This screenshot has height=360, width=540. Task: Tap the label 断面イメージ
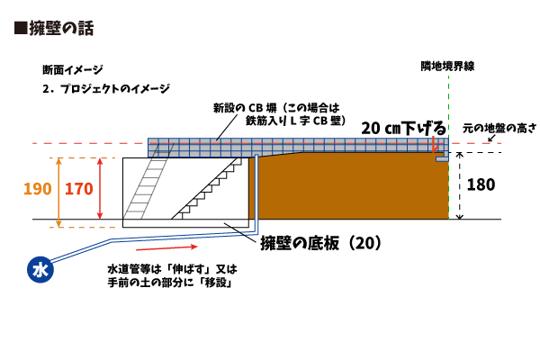[73, 69]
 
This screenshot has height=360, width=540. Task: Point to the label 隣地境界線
[447, 67]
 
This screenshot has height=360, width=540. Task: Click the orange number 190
[37, 189]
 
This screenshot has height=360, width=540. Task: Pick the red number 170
[79, 189]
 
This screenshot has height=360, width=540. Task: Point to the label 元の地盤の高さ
[499, 129]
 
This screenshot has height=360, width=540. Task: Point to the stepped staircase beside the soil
[211, 189]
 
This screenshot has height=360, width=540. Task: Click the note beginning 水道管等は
[171, 275]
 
